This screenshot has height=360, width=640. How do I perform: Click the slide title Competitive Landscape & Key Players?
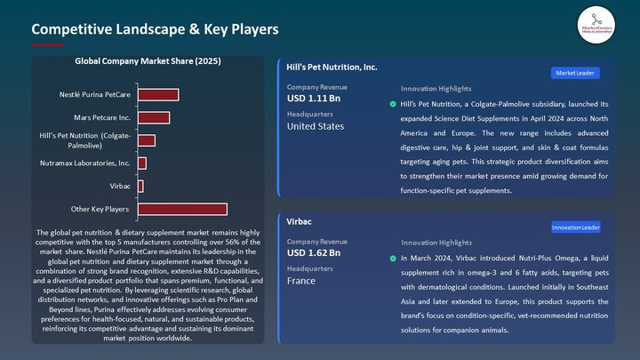click(155, 29)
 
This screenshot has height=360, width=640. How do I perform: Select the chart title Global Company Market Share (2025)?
click(148, 61)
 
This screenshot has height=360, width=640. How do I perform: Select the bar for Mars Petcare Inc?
click(154, 117)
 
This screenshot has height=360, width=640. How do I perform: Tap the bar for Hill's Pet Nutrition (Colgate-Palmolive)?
click(147, 140)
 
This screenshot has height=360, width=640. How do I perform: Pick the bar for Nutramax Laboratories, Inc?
click(142, 164)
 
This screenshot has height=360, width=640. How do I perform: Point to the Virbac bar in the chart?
click(140, 186)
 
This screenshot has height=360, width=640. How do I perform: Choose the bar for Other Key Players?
click(182, 209)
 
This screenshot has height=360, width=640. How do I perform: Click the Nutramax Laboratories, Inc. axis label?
click(85, 164)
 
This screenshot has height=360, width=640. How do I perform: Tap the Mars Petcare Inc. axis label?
click(102, 117)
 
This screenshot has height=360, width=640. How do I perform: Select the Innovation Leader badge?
click(575, 227)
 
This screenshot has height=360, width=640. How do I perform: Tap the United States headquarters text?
click(316, 126)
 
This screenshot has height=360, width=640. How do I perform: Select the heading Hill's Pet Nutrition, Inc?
click(332, 67)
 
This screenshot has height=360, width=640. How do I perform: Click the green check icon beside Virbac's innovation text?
click(393, 258)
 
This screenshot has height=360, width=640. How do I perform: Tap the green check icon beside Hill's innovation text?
click(393, 104)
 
